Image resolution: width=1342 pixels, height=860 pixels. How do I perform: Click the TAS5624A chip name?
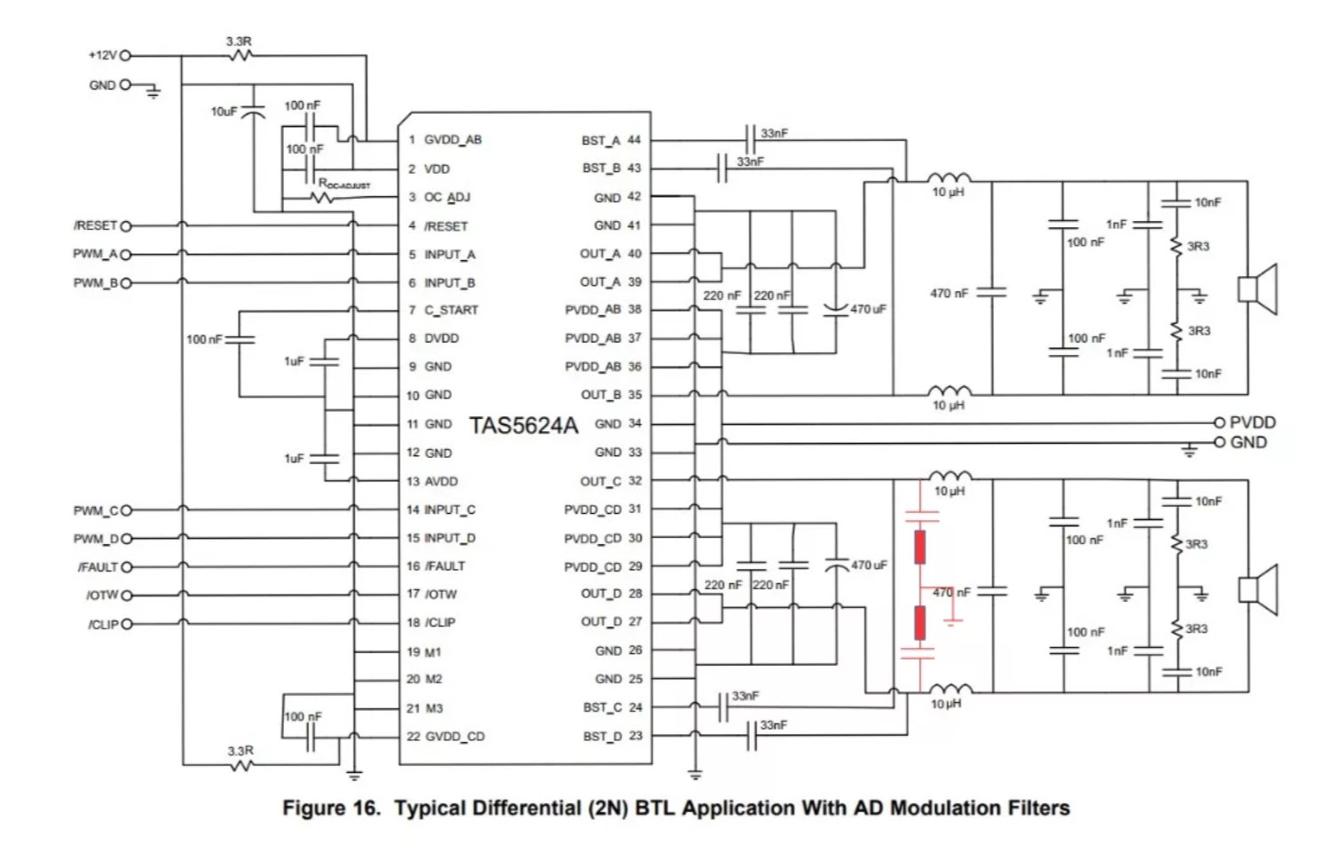(x=523, y=425)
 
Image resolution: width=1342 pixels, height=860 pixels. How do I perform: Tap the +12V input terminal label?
(x=101, y=55)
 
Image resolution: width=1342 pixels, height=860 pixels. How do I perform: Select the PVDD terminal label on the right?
(x=1251, y=422)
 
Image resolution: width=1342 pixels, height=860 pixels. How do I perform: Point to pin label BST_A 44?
(x=611, y=140)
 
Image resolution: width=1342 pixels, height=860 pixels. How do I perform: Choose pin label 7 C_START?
(x=443, y=310)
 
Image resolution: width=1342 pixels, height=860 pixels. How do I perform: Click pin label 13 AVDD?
(x=432, y=481)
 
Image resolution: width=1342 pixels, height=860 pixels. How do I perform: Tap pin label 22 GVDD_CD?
(x=446, y=736)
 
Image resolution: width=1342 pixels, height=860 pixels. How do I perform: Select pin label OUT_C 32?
(x=611, y=481)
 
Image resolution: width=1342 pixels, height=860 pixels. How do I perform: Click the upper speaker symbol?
(x=1258, y=289)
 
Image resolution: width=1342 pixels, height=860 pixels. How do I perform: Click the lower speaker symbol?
(x=1258, y=588)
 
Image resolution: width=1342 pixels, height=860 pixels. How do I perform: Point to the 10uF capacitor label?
(x=224, y=112)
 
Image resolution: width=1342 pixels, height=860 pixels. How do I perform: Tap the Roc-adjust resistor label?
(x=344, y=185)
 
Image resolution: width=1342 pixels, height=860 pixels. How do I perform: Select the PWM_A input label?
(x=95, y=255)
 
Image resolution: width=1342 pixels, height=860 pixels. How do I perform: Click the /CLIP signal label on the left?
(x=103, y=624)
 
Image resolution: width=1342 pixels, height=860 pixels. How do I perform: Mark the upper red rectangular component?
(x=920, y=547)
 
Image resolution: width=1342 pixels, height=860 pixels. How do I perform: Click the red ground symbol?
(x=952, y=620)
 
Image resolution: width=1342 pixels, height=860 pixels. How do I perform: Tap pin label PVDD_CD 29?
(x=603, y=567)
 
